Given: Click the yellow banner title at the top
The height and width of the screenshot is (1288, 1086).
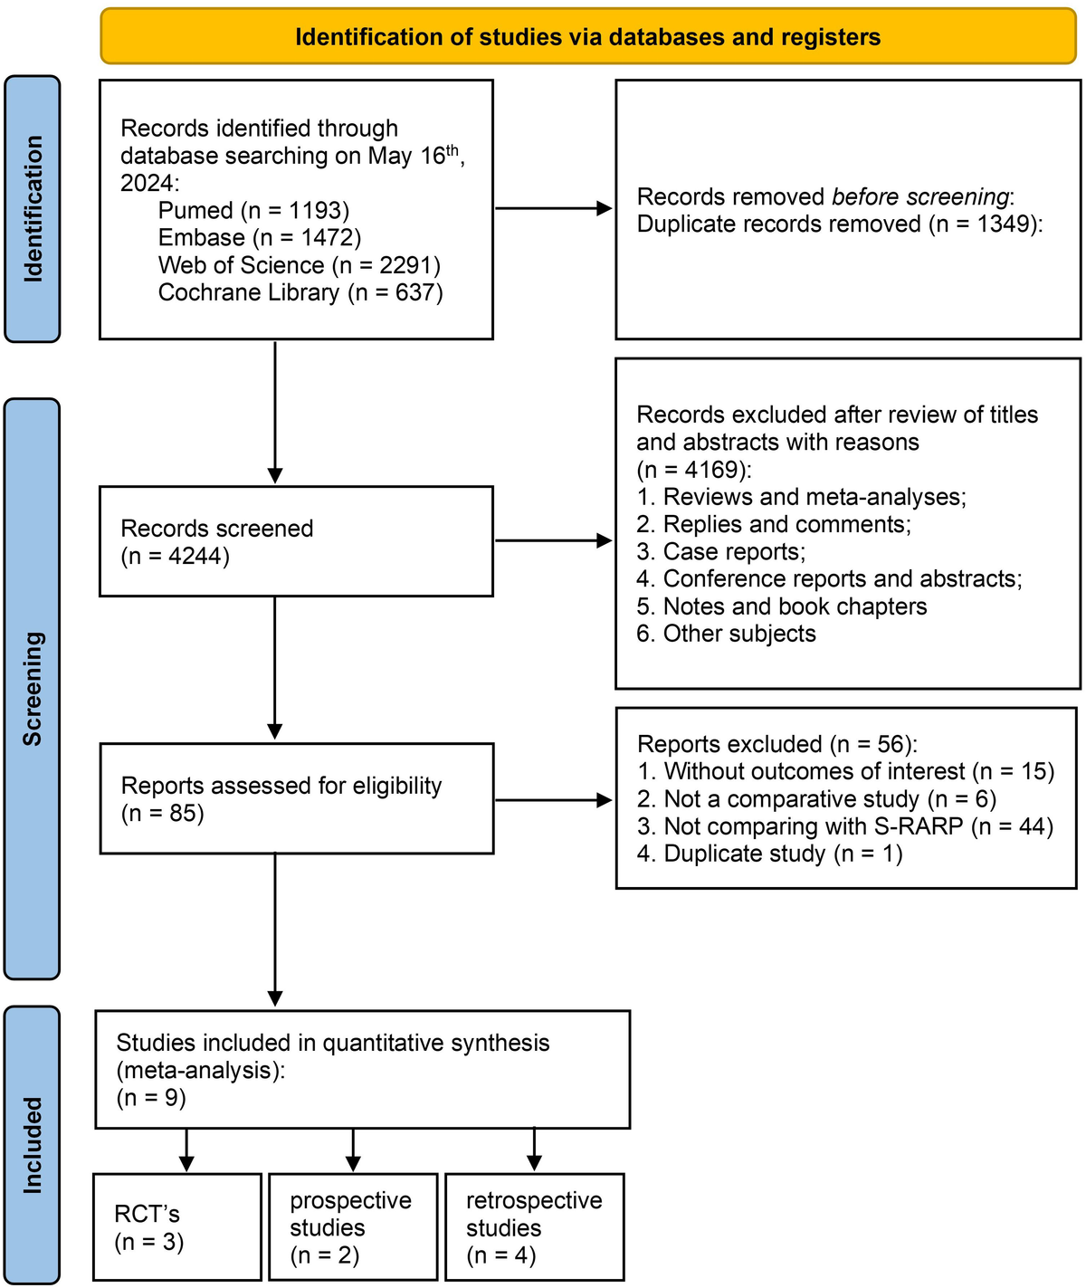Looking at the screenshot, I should [587, 37].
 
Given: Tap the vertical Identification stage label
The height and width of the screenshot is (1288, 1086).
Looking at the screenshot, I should [33, 209].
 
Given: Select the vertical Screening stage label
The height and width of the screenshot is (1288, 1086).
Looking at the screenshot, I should [33, 689].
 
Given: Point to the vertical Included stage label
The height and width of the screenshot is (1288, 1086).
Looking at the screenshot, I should [33, 1145].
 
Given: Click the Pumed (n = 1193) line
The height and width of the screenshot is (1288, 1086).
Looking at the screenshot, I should [253, 211].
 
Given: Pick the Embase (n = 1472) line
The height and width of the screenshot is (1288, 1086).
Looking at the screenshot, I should [259, 238].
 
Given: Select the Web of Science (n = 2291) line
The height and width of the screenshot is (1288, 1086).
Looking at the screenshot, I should [299, 265].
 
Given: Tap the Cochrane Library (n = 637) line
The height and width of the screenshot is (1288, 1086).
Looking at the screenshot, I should [300, 292].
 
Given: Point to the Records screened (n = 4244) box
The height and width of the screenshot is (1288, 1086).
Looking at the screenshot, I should [296, 541].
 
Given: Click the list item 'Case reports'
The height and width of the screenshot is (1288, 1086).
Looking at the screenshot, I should [720, 552].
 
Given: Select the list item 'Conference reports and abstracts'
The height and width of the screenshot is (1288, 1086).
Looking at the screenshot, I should [829, 579].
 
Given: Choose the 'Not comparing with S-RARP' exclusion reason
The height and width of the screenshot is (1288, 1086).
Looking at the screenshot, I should [845, 826].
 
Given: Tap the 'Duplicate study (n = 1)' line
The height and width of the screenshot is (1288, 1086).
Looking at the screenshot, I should [769, 854].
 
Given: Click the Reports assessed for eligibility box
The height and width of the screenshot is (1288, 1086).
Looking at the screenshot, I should [296, 798].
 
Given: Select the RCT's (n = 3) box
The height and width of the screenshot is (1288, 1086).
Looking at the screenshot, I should [177, 1227].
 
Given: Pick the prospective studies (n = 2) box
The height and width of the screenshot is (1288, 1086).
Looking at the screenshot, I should [353, 1227].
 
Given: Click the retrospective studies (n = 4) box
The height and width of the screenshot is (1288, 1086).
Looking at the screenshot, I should [534, 1227].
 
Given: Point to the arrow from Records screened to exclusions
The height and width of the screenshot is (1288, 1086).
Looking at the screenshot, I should [553, 541].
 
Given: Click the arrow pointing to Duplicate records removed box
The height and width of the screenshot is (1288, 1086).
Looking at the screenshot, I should [553, 209].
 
